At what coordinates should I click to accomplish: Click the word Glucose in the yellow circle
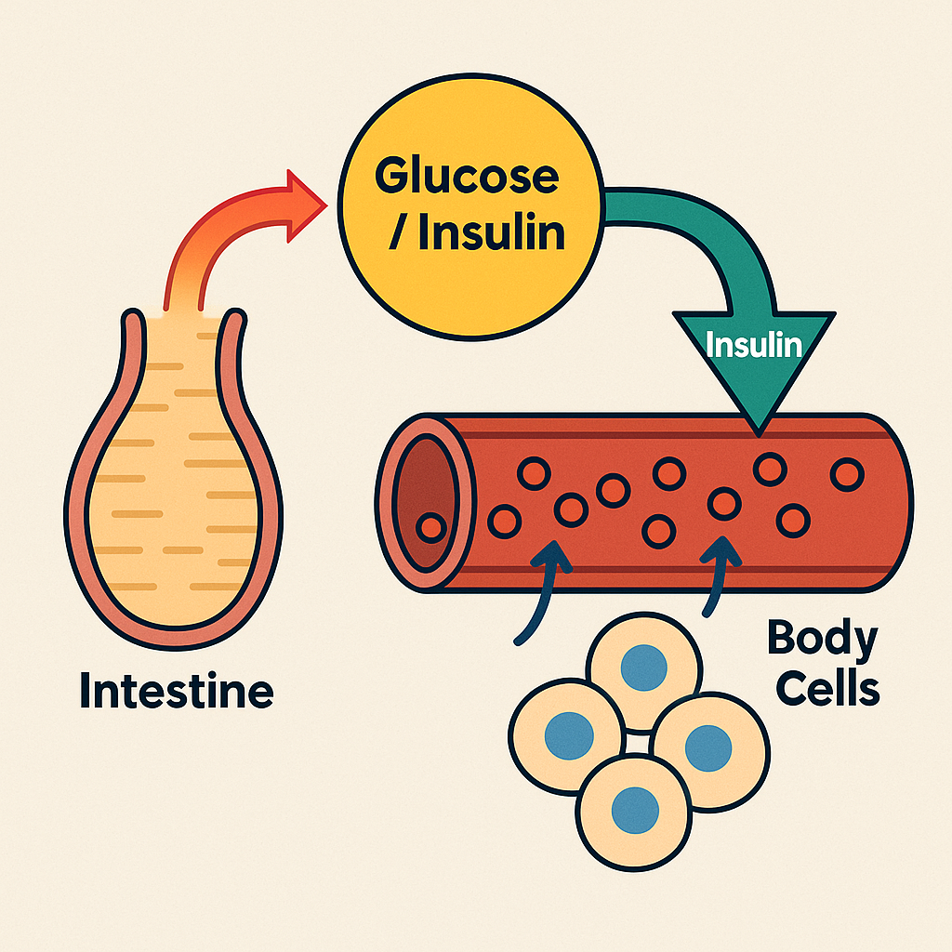(x=468, y=176)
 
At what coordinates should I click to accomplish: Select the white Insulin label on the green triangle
(x=754, y=345)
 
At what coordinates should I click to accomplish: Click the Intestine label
(x=177, y=692)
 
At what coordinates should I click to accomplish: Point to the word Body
(x=822, y=641)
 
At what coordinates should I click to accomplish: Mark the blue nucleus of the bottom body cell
(x=634, y=803)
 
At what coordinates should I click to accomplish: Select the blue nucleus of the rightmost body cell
(x=708, y=744)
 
